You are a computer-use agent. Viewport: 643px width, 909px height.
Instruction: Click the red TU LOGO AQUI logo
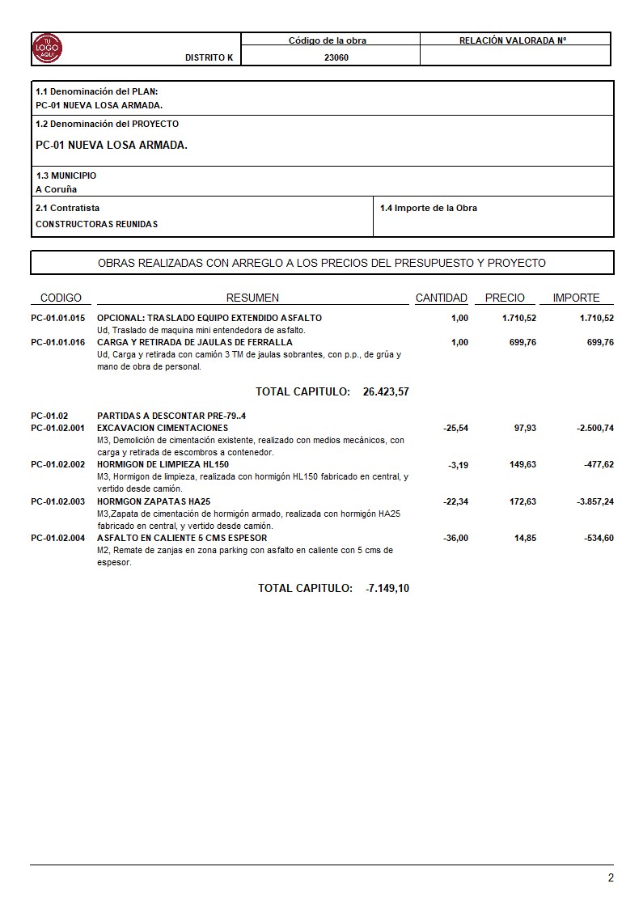pyautogui.click(x=47, y=49)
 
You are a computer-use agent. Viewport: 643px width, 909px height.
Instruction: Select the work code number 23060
pyautogui.click(x=336, y=58)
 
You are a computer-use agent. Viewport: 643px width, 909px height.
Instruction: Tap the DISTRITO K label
pyautogui.click(x=209, y=58)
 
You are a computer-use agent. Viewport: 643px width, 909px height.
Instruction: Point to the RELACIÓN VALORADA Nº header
pyautogui.click(x=513, y=40)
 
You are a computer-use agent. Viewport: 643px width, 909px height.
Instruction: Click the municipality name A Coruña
pyautogui.click(x=57, y=189)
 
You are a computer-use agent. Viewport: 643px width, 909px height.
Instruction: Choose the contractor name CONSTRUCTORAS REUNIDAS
pyautogui.click(x=97, y=224)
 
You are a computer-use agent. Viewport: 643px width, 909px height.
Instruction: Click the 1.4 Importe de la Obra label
pyautogui.click(x=429, y=208)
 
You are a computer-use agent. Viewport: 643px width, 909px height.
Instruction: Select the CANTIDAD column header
pyautogui.click(x=442, y=298)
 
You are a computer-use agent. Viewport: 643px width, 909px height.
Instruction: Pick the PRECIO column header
pyautogui.click(x=505, y=298)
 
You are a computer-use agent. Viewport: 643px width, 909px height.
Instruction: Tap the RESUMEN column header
pyautogui.click(x=252, y=298)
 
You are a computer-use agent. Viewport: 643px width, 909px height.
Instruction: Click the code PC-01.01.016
pyautogui.click(x=58, y=342)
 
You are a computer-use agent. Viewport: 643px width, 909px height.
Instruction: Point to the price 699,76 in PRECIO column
pyautogui.click(x=519, y=342)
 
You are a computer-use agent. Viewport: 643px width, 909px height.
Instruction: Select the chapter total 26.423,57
pyautogui.click(x=386, y=391)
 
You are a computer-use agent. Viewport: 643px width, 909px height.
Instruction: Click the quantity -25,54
pyautogui.click(x=456, y=428)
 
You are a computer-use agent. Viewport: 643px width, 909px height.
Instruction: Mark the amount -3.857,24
pyautogui.click(x=594, y=501)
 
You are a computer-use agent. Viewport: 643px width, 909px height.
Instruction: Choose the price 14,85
pyautogui.click(x=525, y=538)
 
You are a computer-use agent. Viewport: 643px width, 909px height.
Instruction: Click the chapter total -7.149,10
pyautogui.click(x=387, y=588)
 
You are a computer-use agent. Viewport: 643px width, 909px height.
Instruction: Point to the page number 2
pyautogui.click(x=611, y=878)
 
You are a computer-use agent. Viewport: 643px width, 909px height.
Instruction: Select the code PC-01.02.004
pyautogui.click(x=58, y=538)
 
